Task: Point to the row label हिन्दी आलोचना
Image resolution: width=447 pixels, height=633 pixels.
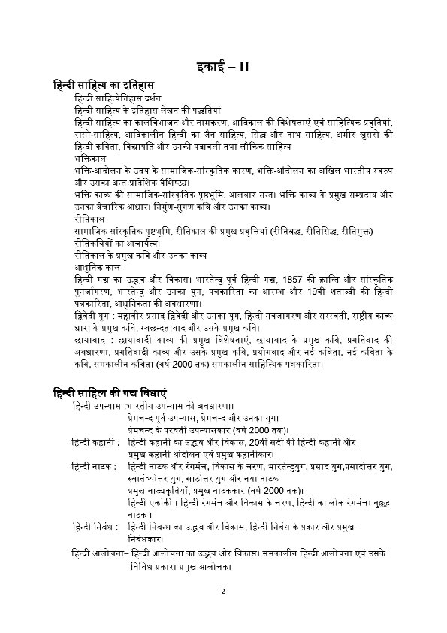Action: point(76,553)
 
